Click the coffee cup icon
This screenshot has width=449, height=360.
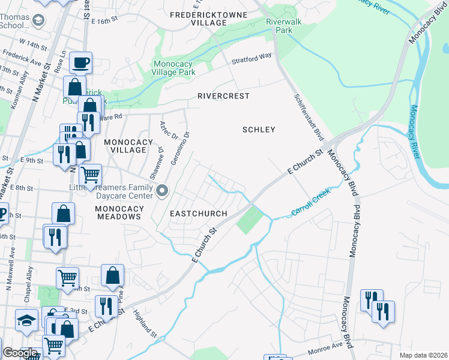[x=80, y=62]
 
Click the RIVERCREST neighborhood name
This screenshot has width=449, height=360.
[x=223, y=96]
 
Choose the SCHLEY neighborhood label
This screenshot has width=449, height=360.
[x=259, y=130]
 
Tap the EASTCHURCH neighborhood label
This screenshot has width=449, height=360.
[x=198, y=214]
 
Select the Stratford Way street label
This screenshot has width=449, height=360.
[x=252, y=59]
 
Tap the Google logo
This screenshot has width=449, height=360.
[x=20, y=353]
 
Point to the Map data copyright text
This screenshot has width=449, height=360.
[x=423, y=355]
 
